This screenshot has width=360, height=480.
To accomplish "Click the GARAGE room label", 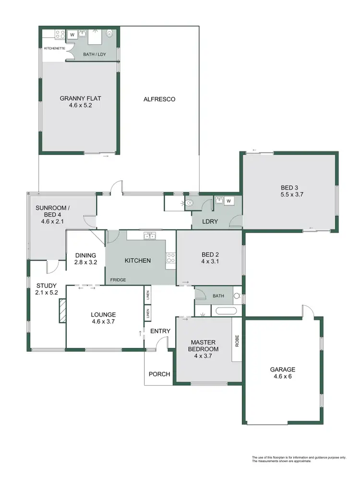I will click(x=282, y=369).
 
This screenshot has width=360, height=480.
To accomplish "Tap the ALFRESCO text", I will click(x=159, y=99).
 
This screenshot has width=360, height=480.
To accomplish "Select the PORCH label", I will click(x=158, y=374).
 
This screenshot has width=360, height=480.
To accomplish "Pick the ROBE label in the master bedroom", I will click(x=237, y=341).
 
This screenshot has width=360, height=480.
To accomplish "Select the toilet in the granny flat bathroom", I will click(x=110, y=34).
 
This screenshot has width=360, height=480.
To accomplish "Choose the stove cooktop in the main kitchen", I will click(x=170, y=258).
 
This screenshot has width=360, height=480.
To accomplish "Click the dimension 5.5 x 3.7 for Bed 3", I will click(x=292, y=195).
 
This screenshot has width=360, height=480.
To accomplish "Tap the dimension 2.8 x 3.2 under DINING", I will click(x=86, y=262).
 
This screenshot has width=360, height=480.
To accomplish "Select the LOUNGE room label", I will click(x=103, y=315).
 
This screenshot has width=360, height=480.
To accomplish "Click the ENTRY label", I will click(x=160, y=331).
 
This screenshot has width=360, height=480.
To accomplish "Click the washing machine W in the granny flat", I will click(x=72, y=35).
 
